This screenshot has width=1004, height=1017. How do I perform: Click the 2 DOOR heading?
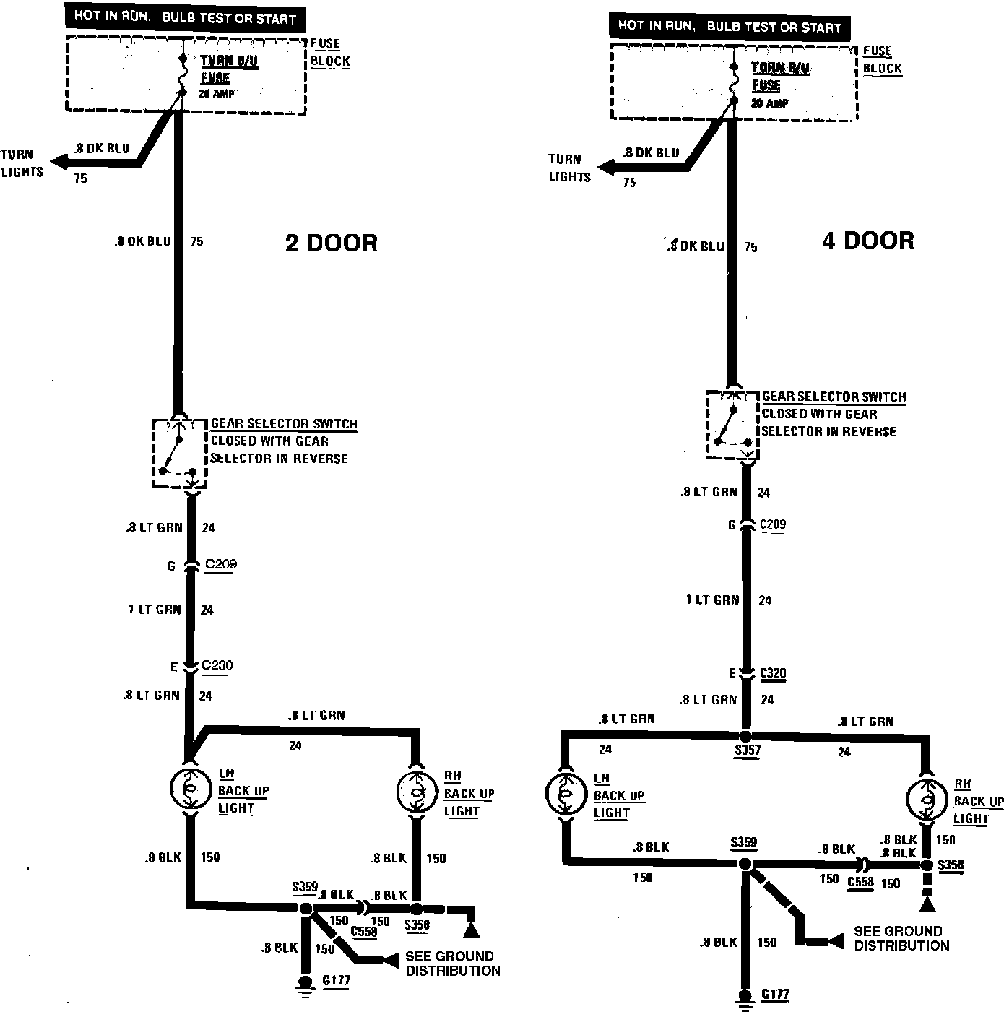(x=331, y=243)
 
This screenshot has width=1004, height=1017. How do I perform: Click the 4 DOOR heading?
(x=867, y=240)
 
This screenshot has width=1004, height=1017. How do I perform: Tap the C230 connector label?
(x=217, y=665)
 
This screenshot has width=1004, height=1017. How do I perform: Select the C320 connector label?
(x=773, y=673)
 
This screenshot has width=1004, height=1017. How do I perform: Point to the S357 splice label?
(x=748, y=750)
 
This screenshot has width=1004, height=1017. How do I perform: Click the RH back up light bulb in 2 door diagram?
(x=417, y=792)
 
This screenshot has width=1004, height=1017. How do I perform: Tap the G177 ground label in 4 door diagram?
(x=775, y=995)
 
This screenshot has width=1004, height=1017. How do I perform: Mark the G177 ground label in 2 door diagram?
(x=336, y=981)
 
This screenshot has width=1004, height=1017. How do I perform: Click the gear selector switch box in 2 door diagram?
(x=179, y=453)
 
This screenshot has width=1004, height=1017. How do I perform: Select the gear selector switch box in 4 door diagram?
(x=732, y=424)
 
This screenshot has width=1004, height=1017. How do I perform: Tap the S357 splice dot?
(x=747, y=735)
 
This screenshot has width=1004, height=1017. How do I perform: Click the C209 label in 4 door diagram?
(x=773, y=524)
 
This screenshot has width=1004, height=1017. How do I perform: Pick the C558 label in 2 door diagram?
(x=363, y=932)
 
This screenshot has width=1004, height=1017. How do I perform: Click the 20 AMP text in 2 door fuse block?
(x=218, y=94)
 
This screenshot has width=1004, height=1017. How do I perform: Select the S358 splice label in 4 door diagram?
(x=951, y=865)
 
